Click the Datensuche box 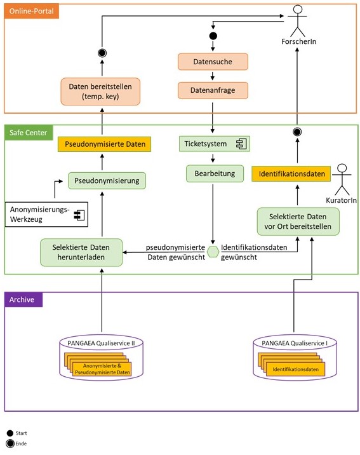pos(213,62)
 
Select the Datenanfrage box pos(213,90)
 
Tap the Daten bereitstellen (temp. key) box pos(100,92)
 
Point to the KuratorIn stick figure pos(342,179)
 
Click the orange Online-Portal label pos(31,11)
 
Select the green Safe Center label pos(29,133)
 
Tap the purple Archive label pos(23,299)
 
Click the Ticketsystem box pos(215,144)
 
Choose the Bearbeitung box pos(215,173)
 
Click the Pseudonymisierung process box pos(107,180)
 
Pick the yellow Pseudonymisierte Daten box pos(104,144)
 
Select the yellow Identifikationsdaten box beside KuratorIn pos(291,174)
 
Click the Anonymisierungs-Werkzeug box pos(46,214)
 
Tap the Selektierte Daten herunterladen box pos(81,252)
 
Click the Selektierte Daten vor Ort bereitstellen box pos(298,221)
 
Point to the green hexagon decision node pos(213,252)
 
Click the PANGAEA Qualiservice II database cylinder pos(101,358)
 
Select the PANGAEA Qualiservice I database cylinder pos(295,357)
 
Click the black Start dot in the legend pos(10,433)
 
